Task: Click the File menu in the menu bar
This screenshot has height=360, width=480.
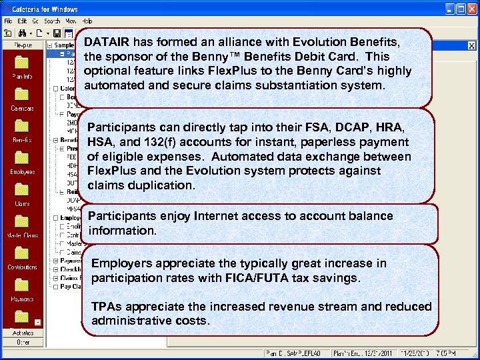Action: click(x=8, y=21)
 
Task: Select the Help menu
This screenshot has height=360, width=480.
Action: click(x=88, y=21)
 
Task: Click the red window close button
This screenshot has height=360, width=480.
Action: click(x=472, y=9)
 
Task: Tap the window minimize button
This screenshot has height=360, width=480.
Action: click(x=450, y=9)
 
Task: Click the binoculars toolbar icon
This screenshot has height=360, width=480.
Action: click(x=23, y=33)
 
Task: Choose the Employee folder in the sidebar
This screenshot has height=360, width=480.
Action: click(x=22, y=157)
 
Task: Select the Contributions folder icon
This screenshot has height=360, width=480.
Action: click(x=22, y=253)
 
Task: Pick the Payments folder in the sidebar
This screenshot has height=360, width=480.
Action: click(x=22, y=285)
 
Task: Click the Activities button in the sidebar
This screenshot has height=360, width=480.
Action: click(x=22, y=333)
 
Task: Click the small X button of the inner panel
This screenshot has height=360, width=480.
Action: click(x=471, y=46)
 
